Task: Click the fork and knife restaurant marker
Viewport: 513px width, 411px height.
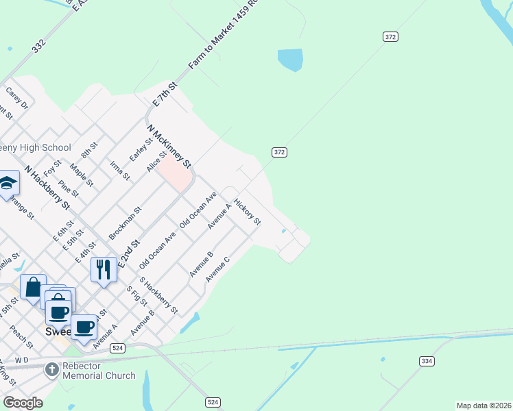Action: point(104,268)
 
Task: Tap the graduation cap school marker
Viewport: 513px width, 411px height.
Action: point(8,183)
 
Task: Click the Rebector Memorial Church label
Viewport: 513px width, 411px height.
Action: point(99,371)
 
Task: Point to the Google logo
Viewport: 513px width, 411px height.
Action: point(23,403)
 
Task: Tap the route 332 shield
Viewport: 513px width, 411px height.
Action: point(38,46)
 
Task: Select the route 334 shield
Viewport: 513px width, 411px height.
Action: point(426,361)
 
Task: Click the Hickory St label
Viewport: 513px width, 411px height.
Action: point(247,212)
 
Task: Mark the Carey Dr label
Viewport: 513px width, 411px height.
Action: point(17,98)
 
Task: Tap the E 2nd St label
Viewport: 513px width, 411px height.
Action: point(128,254)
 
